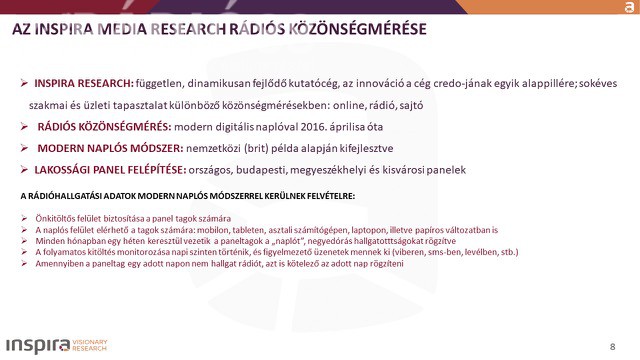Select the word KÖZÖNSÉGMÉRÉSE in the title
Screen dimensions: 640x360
358,29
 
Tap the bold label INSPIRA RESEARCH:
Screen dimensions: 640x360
84,83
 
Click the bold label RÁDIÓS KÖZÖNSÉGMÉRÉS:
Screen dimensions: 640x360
104,127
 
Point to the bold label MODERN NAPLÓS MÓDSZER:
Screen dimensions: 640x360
110,148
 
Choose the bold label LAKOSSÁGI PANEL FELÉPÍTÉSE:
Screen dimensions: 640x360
110,170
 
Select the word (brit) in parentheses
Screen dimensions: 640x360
256,149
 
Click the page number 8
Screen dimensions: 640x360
612,347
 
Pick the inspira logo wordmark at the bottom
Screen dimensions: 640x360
38,345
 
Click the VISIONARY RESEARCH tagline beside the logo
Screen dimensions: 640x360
90,345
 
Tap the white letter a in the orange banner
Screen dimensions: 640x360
629,7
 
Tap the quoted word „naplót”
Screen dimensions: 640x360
287,241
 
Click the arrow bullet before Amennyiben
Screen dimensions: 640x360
24,263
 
